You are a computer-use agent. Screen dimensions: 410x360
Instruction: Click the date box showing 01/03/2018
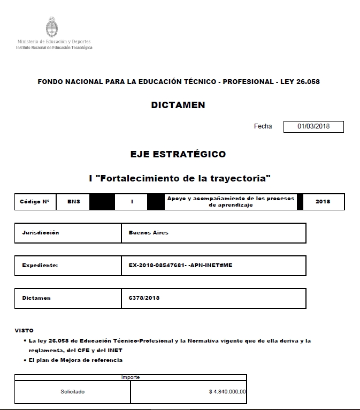tap(313, 127)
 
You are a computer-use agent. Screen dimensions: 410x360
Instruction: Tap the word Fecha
tap(263, 126)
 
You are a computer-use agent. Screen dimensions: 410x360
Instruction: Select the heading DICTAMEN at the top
tap(178, 105)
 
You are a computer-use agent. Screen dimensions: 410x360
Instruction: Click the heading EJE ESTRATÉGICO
tap(178, 154)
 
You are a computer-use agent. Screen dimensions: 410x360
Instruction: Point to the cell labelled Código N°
tap(35, 202)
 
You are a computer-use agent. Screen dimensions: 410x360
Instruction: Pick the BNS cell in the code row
tap(74, 202)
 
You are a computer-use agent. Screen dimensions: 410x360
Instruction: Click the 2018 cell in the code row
tap(323, 202)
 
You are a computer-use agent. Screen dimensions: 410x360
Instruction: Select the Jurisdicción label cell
tap(41, 233)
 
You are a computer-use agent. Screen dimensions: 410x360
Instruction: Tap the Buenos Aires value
tap(148, 233)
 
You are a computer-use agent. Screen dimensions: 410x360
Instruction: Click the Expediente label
tap(40, 265)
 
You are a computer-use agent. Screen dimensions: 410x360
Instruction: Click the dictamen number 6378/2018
tap(144, 298)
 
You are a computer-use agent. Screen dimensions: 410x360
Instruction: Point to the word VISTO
tap(24, 331)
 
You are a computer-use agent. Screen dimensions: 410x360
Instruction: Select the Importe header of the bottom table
tap(131, 377)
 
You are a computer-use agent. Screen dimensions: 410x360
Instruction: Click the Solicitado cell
tap(72, 392)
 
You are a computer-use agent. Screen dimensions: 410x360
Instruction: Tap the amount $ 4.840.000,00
tap(227, 392)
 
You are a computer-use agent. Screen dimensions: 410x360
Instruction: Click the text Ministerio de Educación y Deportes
tap(54, 42)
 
